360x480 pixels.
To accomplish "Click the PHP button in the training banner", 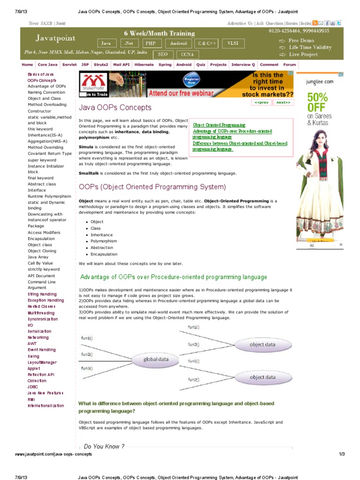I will pos(150,43).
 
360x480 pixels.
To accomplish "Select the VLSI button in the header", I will pos(232,43).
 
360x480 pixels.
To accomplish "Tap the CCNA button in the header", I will pos(187,54).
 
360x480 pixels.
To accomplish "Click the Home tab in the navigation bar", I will pos(28,65).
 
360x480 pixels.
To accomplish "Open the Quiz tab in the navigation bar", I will pos(201,65).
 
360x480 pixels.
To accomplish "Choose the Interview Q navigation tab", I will pos(243,65).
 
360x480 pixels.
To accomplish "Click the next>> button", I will pos(283,102).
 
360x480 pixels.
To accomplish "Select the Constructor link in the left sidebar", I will pos(39,111).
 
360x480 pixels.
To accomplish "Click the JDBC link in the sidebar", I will pos(33,387).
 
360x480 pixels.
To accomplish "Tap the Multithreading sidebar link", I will pos(41,313).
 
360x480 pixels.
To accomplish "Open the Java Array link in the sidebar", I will pos(38,257).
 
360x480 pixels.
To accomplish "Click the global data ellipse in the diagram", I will pos(149,360).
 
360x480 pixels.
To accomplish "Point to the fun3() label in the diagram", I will pos(87,368).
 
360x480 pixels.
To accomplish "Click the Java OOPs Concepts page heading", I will pos(115,107).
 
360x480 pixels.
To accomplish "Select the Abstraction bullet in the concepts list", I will pos(102,247).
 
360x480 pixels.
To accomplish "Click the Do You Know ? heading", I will pos(104,446).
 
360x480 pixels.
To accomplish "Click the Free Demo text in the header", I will pos(301,41).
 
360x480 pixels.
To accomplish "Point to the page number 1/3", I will pos(341,454).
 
